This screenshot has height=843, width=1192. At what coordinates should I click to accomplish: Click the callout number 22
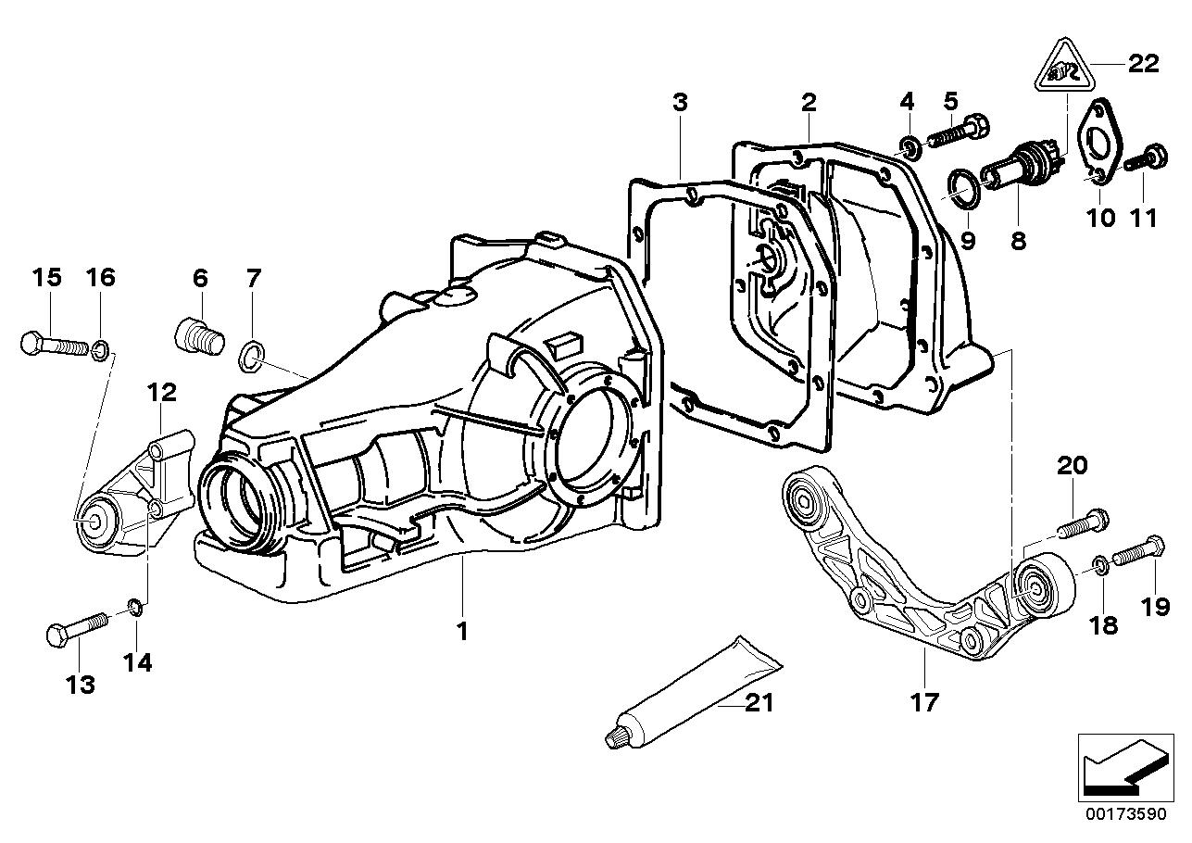click(x=1143, y=63)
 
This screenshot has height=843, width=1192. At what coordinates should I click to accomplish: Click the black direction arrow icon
click(x=1123, y=764)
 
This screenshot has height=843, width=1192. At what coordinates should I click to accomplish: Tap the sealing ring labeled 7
click(x=253, y=354)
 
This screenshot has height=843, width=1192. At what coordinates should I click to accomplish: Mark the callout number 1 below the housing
click(x=461, y=632)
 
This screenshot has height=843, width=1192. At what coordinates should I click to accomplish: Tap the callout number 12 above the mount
click(x=160, y=392)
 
